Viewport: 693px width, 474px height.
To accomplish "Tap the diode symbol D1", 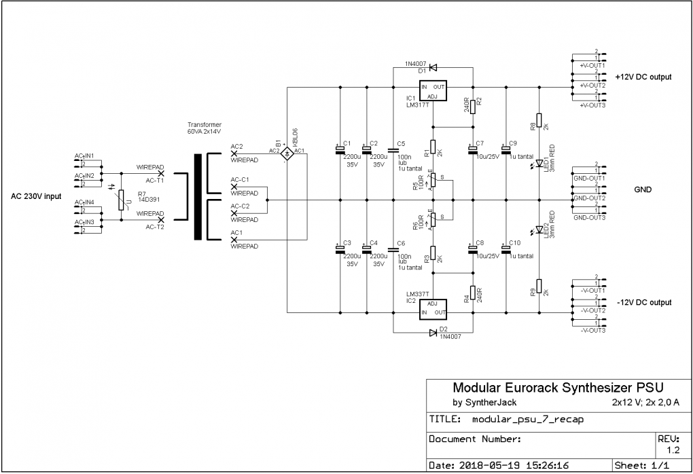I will click(x=433, y=67).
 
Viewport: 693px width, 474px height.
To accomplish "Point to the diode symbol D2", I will click(x=433, y=333).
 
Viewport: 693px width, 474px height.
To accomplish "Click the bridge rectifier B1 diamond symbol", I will click(x=287, y=155).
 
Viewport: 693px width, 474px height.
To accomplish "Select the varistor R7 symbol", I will click(x=122, y=200).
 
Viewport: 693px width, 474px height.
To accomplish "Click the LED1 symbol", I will click(x=539, y=163).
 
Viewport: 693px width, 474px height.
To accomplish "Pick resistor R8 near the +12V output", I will click(x=539, y=121).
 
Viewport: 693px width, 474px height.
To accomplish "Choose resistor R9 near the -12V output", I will click(x=539, y=287).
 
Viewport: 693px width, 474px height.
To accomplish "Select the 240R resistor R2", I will click(x=472, y=105).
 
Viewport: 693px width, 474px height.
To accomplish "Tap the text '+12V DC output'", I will click(x=643, y=77).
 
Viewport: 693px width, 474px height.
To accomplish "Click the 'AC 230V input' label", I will click(x=36, y=196).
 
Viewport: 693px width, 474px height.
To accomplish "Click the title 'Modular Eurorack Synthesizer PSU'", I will click(x=554, y=388).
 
